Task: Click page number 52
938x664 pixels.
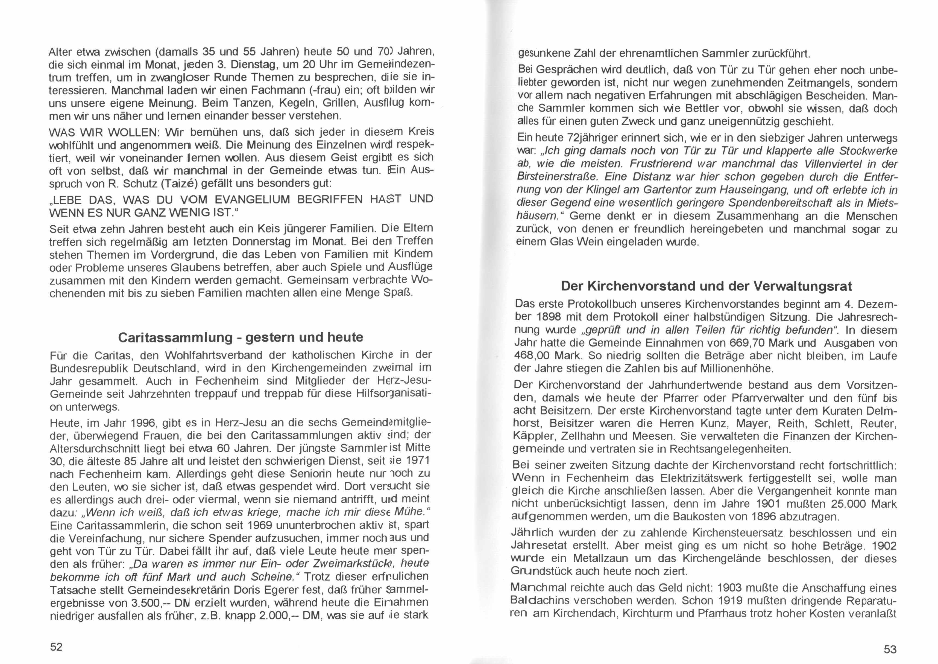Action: [x=56, y=647]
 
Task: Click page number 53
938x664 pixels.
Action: [x=890, y=649]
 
